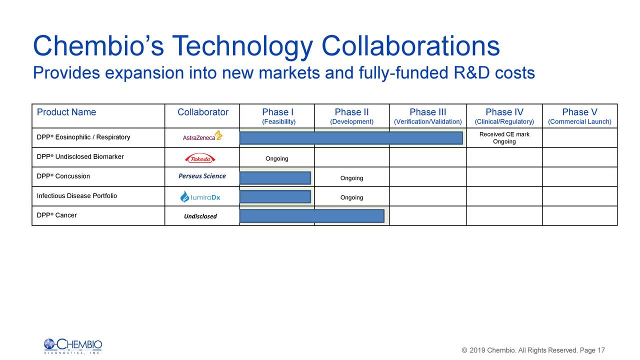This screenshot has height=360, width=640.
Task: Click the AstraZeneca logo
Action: pyautogui.click(x=202, y=136)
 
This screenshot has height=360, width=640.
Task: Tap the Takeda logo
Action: pyautogui.click(x=200, y=158)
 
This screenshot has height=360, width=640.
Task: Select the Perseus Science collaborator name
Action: pyautogui.click(x=202, y=176)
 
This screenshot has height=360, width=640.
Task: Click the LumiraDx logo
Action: pyautogui.click(x=200, y=197)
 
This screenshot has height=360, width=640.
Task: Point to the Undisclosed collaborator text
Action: pyautogui.click(x=200, y=216)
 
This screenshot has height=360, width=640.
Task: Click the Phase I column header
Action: pyautogui.click(x=278, y=112)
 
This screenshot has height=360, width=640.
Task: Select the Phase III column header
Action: pyautogui.click(x=427, y=112)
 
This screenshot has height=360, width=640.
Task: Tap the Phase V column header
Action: pyautogui.click(x=579, y=112)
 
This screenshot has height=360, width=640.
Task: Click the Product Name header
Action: pyautogui.click(x=66, y=112)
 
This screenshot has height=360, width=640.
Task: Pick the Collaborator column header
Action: pyautogui.click(x=202, y=112)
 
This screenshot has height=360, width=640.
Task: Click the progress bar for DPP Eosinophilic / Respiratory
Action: pyautogui.click(x=351, y=138)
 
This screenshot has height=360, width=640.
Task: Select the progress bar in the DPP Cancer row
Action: pyautogui.click(x=311, y=216)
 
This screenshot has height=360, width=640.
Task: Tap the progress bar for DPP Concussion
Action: pyautogui.click(x=275, y=178)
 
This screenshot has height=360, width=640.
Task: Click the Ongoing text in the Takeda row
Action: pyautogui.click(x=276, y=159)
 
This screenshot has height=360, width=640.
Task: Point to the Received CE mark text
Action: pyautogui.click(x=504, y=134)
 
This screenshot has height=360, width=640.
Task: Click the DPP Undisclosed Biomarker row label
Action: pyautogui.click(x=80, y=157)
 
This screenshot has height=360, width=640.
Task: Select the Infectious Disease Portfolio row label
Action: pyautogui.click(x=76, y=196)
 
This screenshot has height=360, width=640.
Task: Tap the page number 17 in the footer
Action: pyautogui.click(x=601, y=350)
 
